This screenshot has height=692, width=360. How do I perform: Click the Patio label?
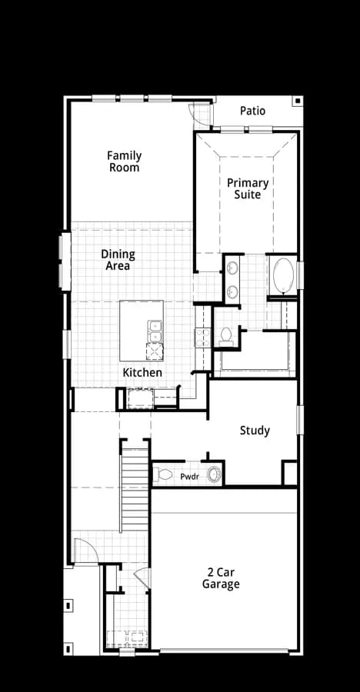252,111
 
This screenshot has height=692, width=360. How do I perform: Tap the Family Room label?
125,161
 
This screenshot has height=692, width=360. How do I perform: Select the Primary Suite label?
248,188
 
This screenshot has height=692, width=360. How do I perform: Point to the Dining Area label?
118,260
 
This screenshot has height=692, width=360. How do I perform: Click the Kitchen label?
142,372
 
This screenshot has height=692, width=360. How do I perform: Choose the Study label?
255,431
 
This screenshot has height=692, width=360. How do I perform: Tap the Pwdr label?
188,477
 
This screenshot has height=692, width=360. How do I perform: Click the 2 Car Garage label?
222,578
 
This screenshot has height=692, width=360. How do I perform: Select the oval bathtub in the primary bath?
283,276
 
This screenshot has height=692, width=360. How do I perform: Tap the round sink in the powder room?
215,475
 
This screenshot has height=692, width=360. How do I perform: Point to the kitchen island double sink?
155,332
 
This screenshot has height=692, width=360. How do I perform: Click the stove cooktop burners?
203,337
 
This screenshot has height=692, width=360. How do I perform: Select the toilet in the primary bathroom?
225,337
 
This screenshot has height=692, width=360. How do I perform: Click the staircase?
135,490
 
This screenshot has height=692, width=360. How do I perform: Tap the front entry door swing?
86,551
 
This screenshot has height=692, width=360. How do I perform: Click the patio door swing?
200,115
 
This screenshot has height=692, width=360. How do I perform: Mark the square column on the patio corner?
298,101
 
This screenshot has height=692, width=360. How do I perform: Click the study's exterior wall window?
300,420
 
